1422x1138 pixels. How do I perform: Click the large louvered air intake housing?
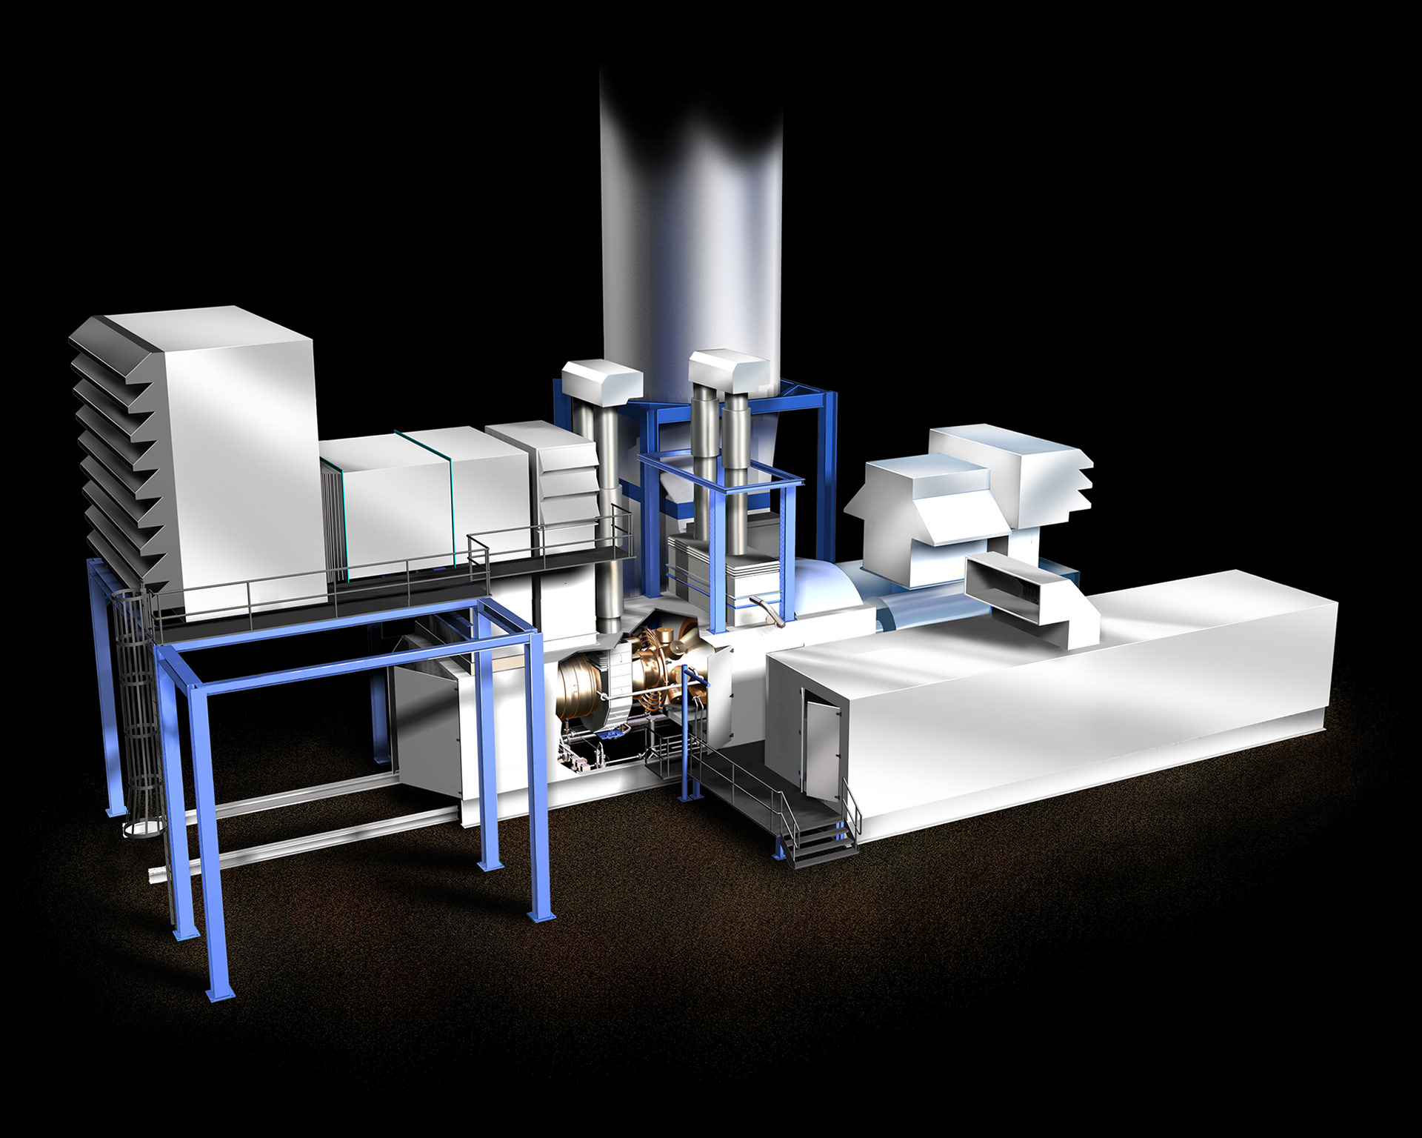point(193,459)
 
